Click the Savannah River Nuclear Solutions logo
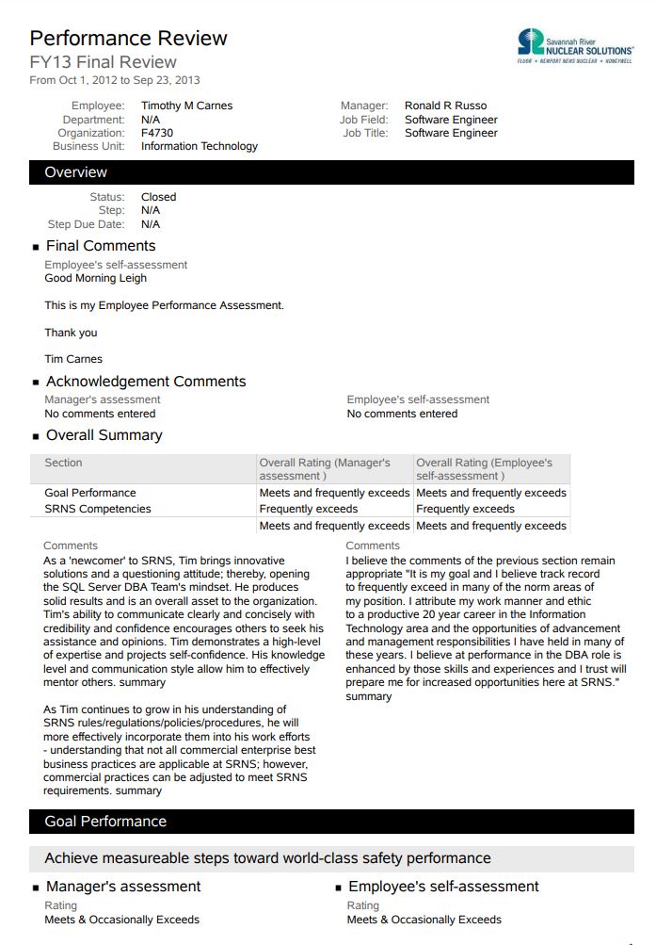click(574, 44)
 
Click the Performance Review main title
click(128, 39)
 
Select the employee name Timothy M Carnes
click(186, 106)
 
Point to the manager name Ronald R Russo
click(445, 106)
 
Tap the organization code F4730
click(157, 133)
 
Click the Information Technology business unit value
click(199, 146)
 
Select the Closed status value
click(158, 197)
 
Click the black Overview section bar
click(331, 172)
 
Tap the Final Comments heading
click(100, 246)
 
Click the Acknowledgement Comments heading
click(146, 382)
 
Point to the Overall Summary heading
click(104, 435)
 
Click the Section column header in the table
click(63, 463)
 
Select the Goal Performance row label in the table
click(89, 493)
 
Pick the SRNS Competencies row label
click(97, 509)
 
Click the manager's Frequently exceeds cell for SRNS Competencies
click(308, 509)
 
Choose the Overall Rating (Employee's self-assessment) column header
click(486, 469)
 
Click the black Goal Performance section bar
click(331, 822)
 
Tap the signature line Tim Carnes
click(73, 359)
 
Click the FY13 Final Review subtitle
click(103, 63)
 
